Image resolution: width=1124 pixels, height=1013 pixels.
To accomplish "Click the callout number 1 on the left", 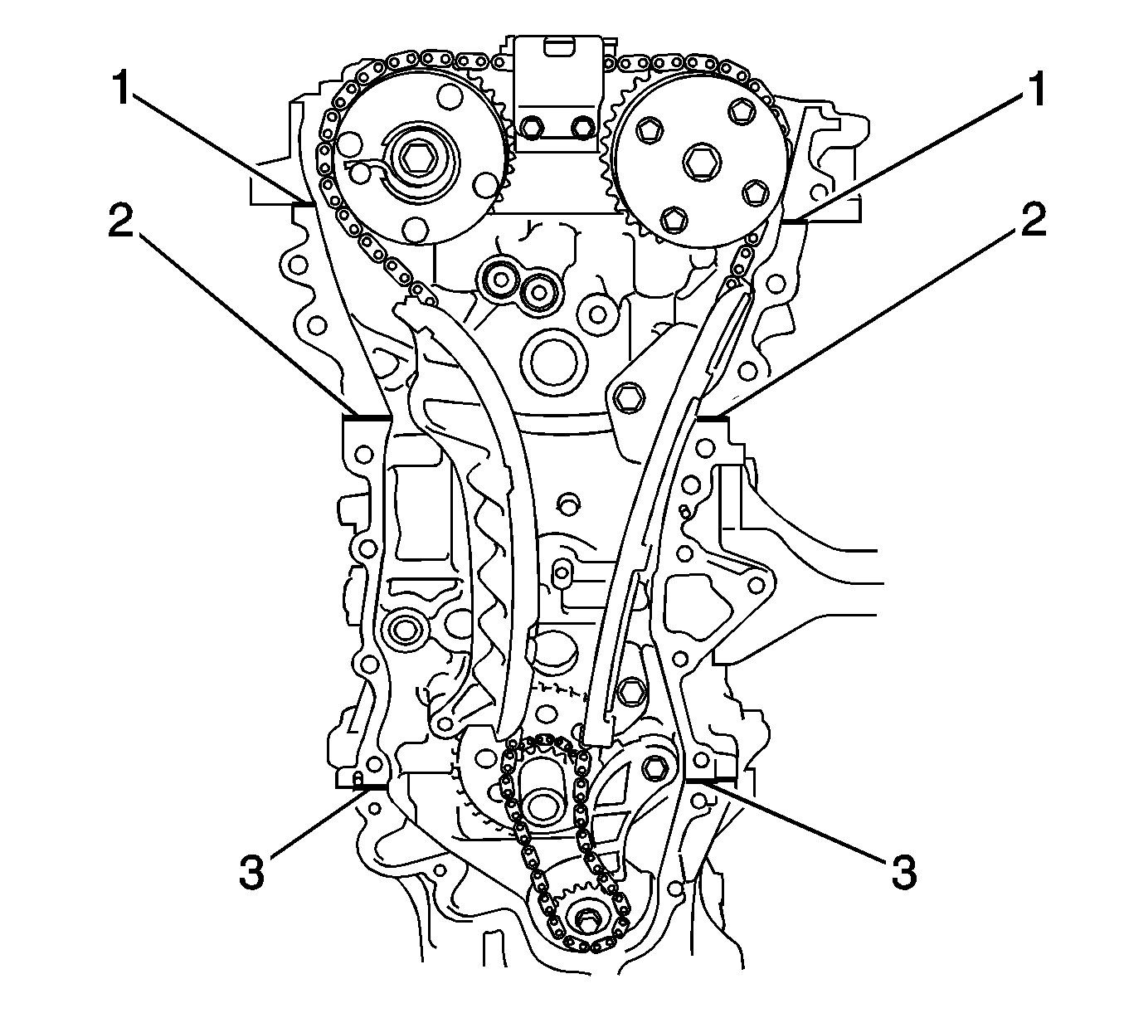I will pyautogui.click(x=122, y=90).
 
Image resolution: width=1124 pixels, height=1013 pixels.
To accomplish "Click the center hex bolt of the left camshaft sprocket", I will pyautogui.click(x=411, y=158).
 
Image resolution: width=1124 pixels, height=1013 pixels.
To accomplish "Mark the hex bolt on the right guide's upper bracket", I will pyautogui.click(x=630, y=398).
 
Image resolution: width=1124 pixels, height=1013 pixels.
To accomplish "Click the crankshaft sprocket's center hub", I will pyautogui.click(x=543, y=804).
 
